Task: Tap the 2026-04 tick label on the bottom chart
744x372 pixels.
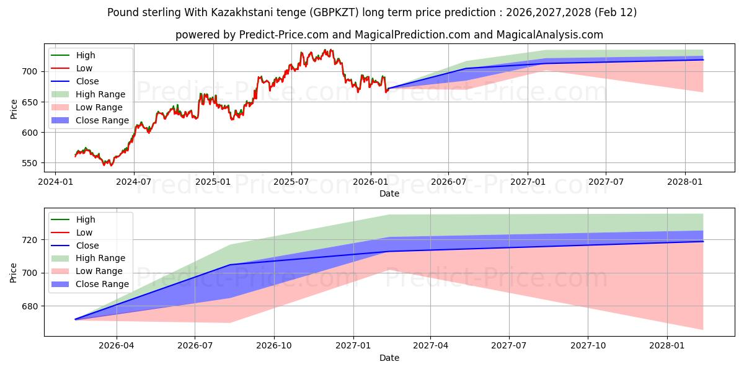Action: point(117,345)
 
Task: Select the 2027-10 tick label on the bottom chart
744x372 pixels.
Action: point(588,345)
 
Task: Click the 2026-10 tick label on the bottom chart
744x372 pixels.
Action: point(274,345)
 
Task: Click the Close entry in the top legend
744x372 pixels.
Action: point(87,81)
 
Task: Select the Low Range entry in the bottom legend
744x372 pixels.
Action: point(99,271)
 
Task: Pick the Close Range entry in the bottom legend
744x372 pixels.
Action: point(102,284)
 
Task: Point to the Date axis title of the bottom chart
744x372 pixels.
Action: point(389,358)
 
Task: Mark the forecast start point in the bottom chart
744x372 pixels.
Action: point(75,319)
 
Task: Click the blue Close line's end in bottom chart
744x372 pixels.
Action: point(703,241)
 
